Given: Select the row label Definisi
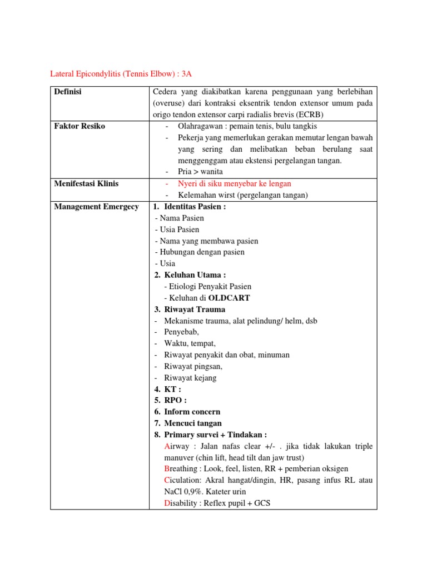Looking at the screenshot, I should [67, 92].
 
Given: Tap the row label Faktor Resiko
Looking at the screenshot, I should [80, 126].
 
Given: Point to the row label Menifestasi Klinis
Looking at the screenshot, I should [86, 183].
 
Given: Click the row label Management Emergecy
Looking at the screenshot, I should [96, 207].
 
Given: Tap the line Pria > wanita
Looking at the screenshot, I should [200, 172].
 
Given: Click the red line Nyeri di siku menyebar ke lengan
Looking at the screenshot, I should [234, 183].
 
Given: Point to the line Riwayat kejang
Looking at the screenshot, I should [190, 378].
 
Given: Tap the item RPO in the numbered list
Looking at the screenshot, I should [175, 401].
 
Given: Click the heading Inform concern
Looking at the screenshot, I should [192, 412].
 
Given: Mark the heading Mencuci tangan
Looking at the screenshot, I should [192, 423].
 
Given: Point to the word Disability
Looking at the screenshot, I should [183, 503].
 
